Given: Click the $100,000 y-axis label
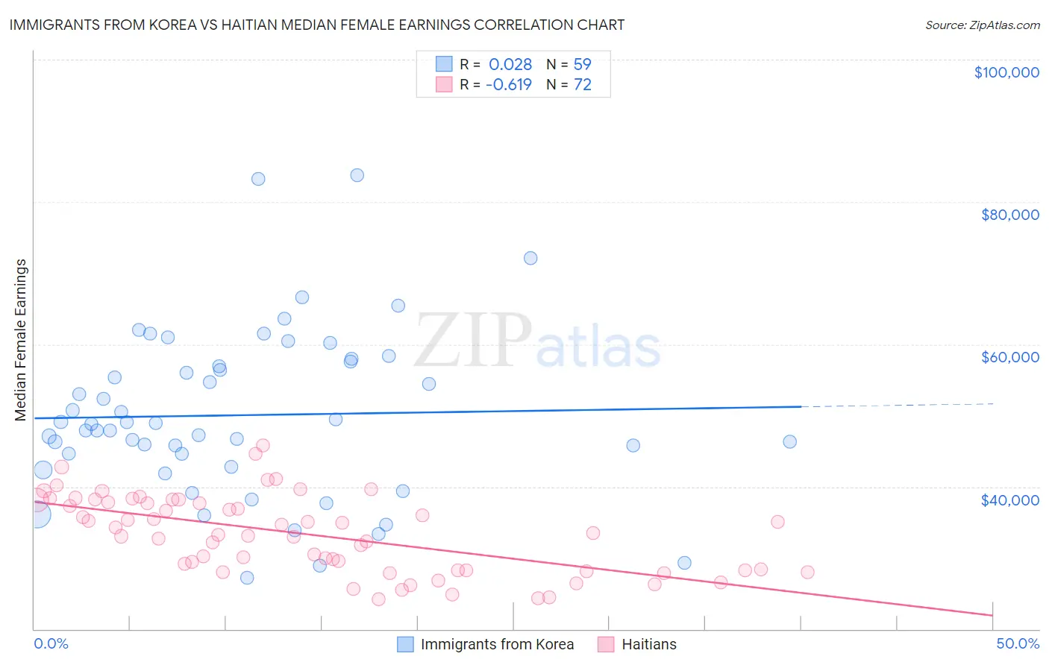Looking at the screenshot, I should [x=1006, y=72].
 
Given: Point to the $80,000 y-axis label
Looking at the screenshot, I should [x=1009, y=215].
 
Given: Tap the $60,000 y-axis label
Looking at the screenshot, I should [x=1009, y=357].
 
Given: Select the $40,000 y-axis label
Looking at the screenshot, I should [x=1009, y=500].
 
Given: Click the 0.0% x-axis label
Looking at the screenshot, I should [x=51, y=643].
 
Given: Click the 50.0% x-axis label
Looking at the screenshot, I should [x=1017, y=643].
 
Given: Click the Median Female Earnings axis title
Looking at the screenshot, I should [x=21, y=339].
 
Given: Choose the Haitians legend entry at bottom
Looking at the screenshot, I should [x=648, y=644].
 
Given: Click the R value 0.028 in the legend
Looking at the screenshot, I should [x=510, y=65].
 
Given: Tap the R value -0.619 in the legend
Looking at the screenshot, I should [x=508, y=85].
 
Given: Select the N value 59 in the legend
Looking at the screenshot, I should [x=582, y=65].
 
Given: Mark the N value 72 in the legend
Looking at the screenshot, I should [x=582, y=85].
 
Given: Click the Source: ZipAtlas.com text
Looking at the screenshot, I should [x=982, y=25].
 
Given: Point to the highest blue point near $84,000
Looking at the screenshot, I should [x=357, y=175].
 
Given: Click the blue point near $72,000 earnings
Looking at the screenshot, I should [x=530, y=258].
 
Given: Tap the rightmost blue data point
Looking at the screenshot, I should [x=789, y=441].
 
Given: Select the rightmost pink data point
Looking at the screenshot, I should [x=807, y=572].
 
